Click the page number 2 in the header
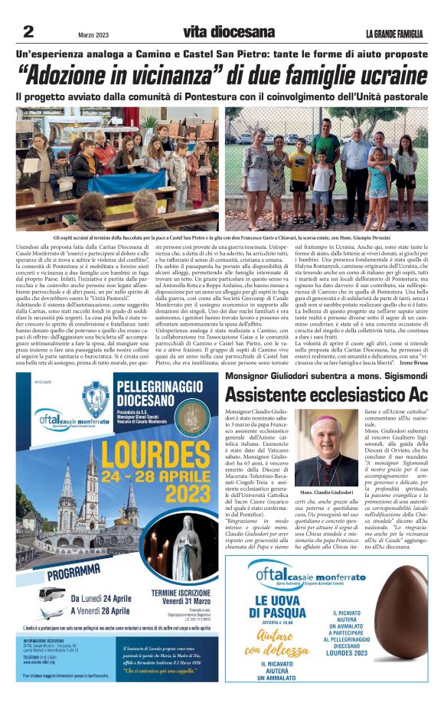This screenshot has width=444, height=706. pos(28,31)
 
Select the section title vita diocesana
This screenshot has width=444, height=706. pos(228,31)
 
